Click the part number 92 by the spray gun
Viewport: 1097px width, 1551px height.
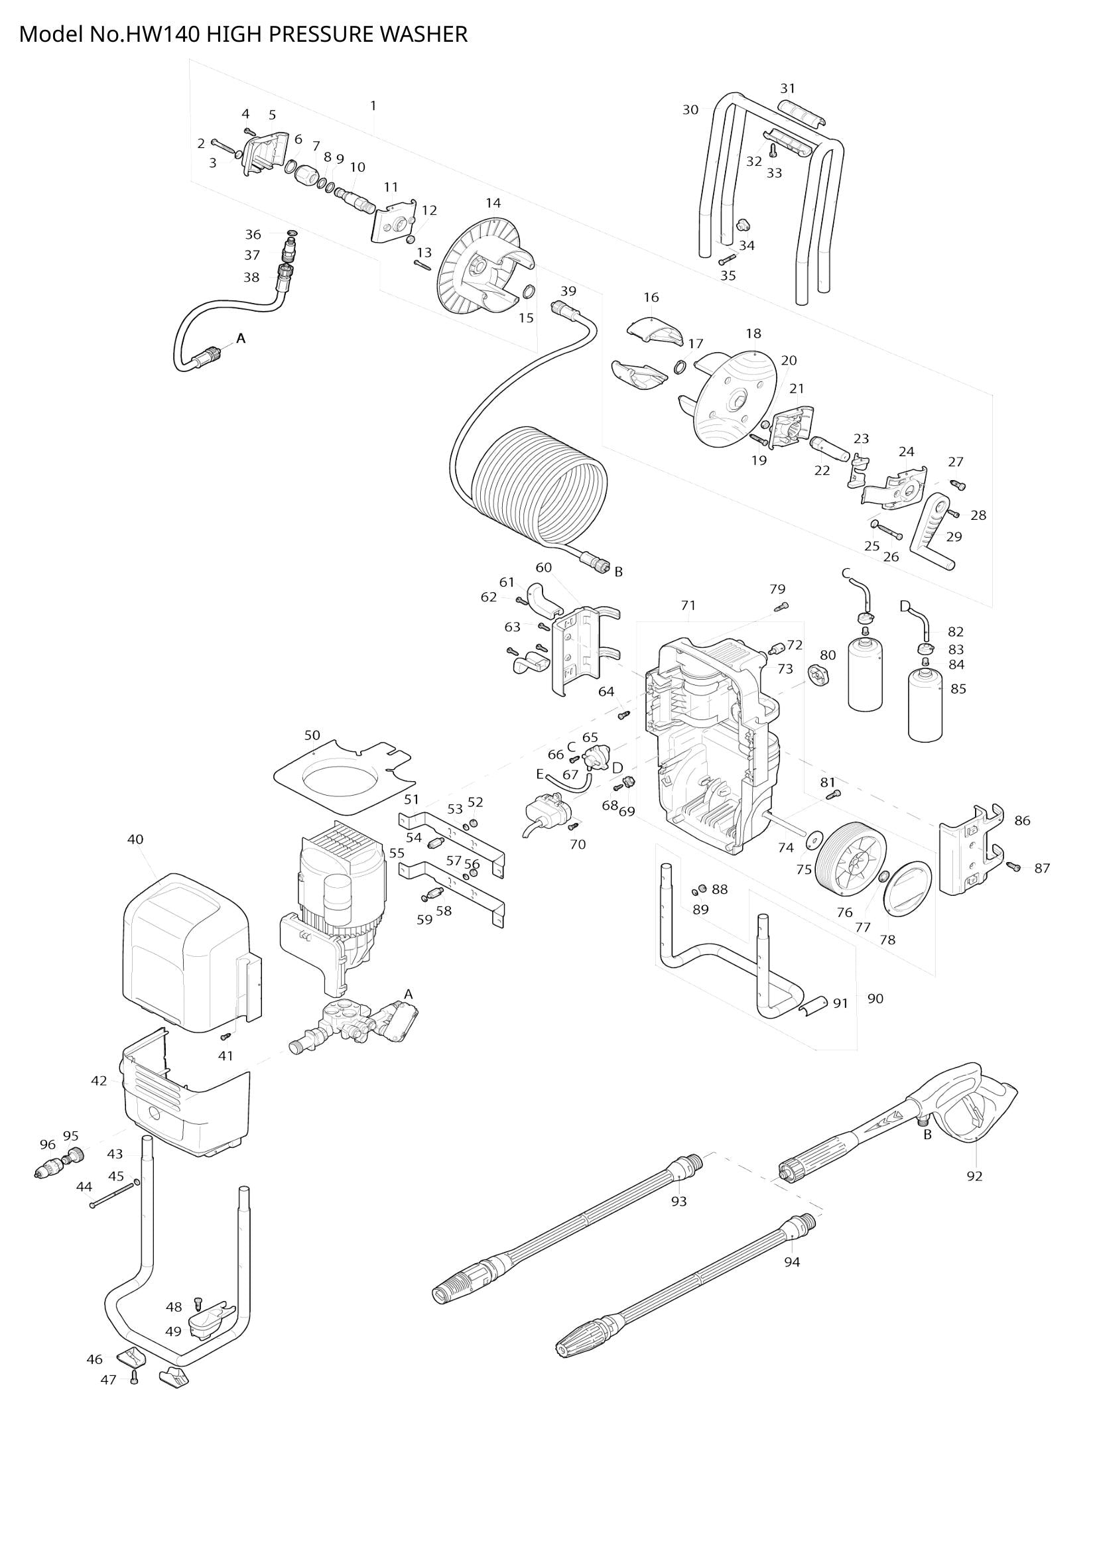[x=974, y=1176]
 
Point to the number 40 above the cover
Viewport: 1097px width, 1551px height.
[x=135, y=839]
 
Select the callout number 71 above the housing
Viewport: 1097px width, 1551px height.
[x=688, y=605]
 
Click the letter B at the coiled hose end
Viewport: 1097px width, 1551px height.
[x=618, y=572]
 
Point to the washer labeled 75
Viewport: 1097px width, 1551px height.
[x=812, y=839]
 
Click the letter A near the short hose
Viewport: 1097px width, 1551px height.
[x=241, y=338]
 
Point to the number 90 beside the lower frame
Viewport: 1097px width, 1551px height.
[x=875, y=999]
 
